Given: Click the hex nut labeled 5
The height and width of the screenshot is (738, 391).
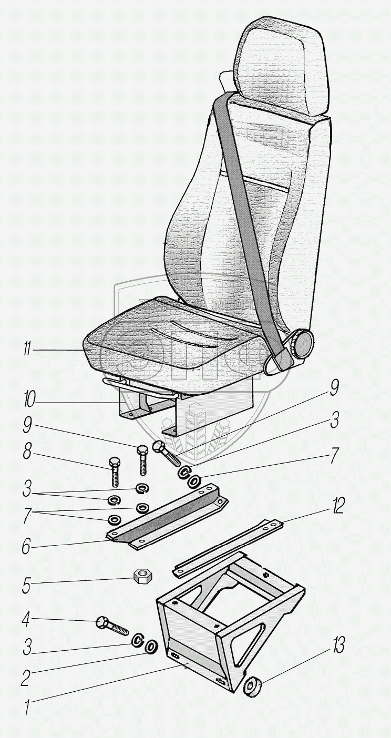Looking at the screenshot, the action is (x=142, y=577).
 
